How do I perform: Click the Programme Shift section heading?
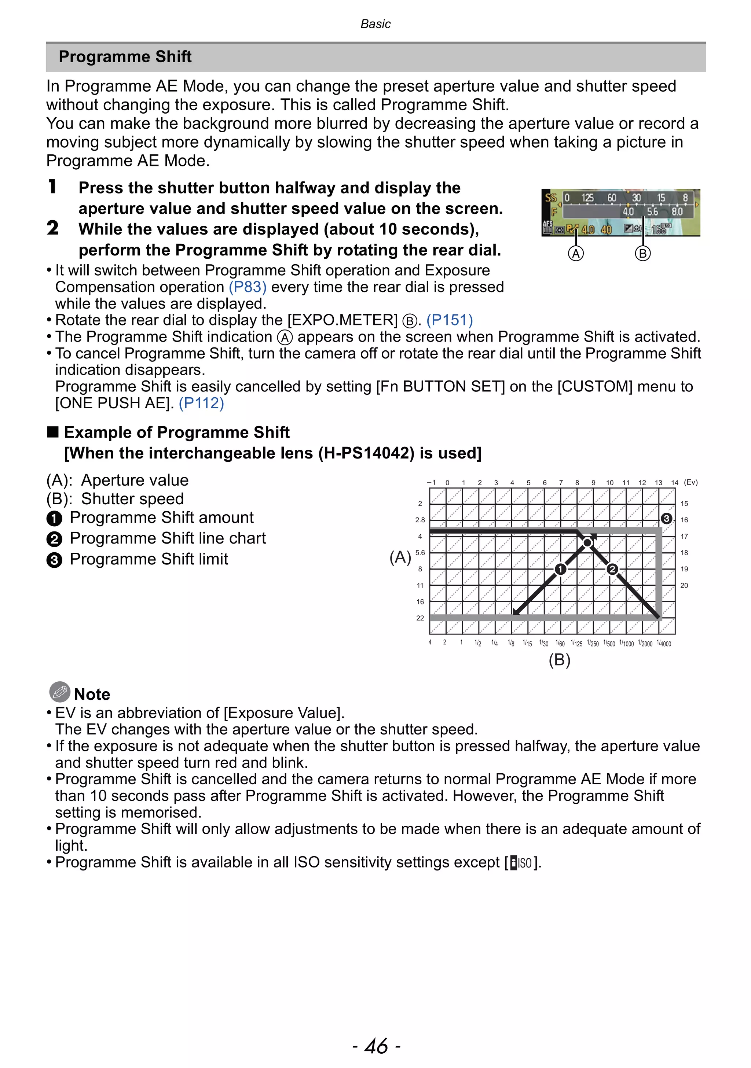[125, 57]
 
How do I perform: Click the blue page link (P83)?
[248, 287]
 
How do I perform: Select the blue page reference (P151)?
[450, 320]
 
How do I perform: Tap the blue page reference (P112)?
[201, 403]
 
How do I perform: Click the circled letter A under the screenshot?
[576, 254]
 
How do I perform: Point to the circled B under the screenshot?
[642, 254]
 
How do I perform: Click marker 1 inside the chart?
[560, 569]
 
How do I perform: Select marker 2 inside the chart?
[612, 569]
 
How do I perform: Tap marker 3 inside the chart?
[666, 518]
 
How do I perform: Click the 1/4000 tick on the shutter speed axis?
[664, 643]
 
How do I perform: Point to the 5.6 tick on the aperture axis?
[420, 553]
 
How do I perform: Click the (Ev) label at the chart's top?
[690, 482]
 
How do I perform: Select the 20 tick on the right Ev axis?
[684, 585]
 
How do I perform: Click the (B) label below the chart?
[559, 660]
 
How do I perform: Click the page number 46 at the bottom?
[376, 1046]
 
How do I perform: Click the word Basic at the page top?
[375, 24]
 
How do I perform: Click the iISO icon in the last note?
[521, 863]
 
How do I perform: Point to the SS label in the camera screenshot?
[550, 198]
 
